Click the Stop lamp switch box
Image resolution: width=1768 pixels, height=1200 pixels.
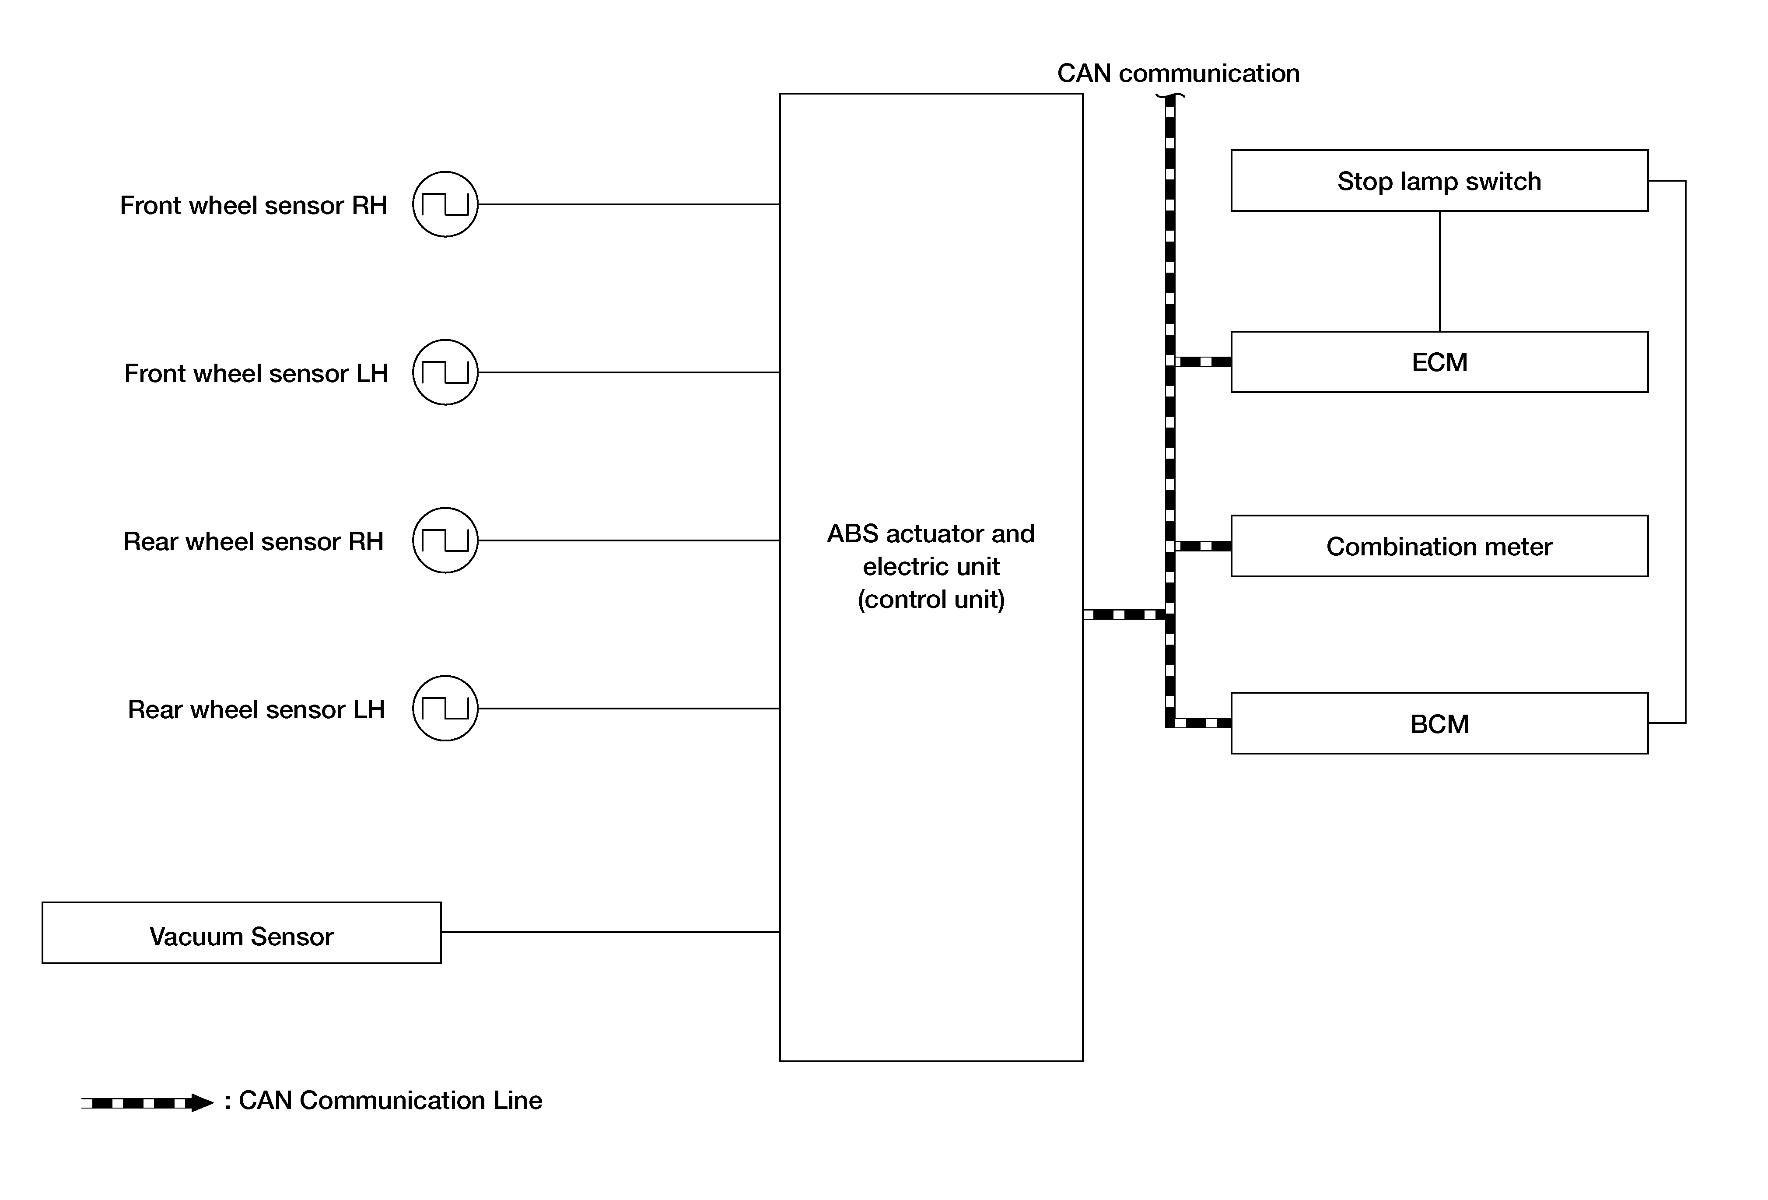point(1439,180)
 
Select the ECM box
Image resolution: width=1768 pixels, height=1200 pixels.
point(1439,361)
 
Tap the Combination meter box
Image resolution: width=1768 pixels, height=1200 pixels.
point(1439,546)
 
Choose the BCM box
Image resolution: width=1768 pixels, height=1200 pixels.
point(1439,723)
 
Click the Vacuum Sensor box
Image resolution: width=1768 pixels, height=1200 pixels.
point(241,933)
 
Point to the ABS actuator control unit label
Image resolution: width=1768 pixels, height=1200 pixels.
point(931,566)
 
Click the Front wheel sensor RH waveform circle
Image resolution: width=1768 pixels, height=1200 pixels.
point(445,204)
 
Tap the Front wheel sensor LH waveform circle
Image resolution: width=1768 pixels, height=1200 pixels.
point(445,372)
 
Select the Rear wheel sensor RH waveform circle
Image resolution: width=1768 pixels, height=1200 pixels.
point(445,540)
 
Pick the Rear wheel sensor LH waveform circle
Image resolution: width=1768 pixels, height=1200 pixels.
point(445,709)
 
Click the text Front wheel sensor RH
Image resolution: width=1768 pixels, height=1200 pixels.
point(253,205)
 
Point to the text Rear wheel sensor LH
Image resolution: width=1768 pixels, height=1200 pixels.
point(256,709)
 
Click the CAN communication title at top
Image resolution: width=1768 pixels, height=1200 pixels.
point(1178,73)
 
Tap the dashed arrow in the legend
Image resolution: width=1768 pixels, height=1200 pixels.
point(147,1102)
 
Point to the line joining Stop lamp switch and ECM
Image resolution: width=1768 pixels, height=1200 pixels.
point(1439,271)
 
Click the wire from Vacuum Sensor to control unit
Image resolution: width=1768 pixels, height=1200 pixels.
point(611,932)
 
